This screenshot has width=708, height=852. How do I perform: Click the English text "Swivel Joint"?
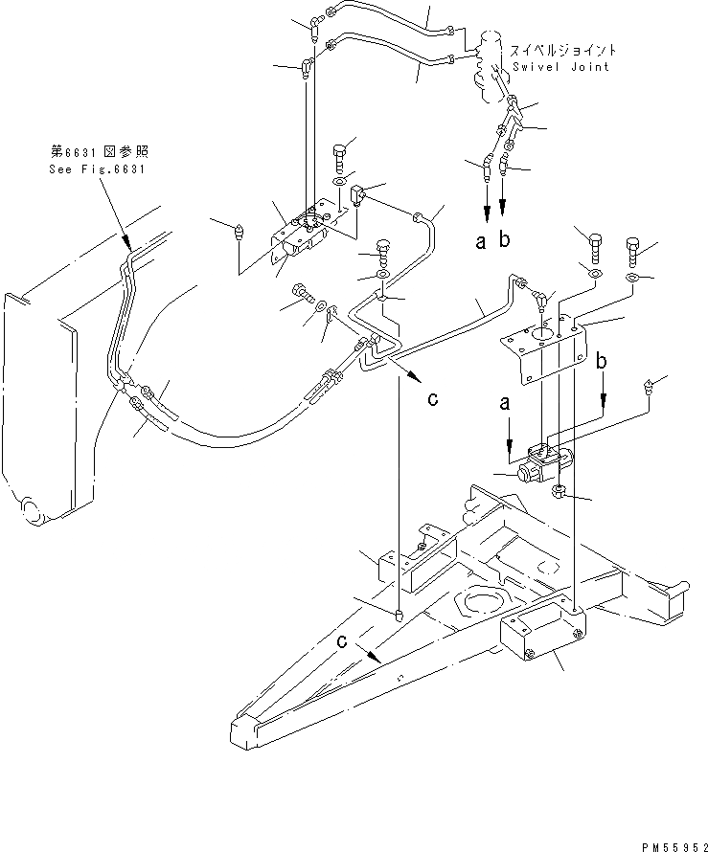tap(560, 67)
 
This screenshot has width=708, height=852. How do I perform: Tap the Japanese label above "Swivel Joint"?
tap(562, 50)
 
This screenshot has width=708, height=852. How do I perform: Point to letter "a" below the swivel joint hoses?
tap(481, 242)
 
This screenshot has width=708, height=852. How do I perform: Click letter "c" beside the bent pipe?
tap(433, 399)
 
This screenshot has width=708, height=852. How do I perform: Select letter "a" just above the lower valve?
tap(505, 406)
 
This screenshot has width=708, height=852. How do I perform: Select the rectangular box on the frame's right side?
tap(541, 638)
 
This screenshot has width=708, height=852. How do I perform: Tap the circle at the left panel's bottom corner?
tap(31, 510)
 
